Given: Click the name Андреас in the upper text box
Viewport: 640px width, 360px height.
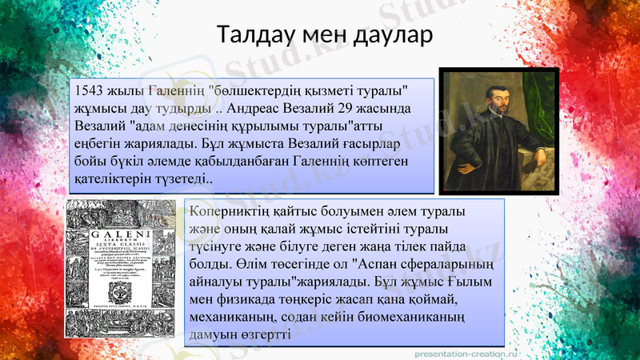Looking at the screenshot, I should pos(255,108).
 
